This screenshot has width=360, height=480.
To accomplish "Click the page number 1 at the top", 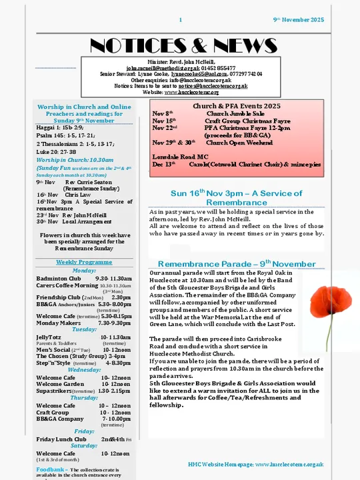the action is tap(180, 20).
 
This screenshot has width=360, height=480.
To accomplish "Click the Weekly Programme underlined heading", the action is tap(83, 262).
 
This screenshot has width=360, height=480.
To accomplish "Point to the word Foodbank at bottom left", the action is tap(50, 469).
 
